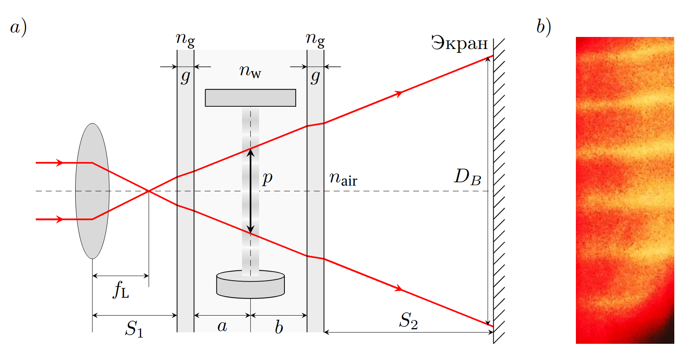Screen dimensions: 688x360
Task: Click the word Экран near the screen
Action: (459, 43)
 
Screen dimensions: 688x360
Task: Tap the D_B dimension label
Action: (468, 177)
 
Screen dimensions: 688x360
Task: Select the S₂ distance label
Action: (408, 321)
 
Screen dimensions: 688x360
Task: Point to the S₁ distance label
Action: (134, 329)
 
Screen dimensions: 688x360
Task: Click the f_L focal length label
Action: (121, 290)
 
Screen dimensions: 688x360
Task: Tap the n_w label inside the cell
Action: (250, 71)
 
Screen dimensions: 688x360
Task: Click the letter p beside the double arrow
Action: (267, 178)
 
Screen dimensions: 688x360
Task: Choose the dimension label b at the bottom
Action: (279, 327)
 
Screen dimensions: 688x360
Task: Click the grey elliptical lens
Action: (92, 191)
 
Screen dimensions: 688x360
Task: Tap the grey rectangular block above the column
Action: (250, 98)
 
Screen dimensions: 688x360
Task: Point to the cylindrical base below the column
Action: (250, 284)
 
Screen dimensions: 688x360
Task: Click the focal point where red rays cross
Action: (149, 191)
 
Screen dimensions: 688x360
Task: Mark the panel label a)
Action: (18, 27)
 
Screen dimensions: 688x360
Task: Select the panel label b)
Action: (544, 27)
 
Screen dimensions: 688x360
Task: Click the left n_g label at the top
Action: (185, 40)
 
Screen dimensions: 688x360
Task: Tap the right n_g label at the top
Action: (315, 40)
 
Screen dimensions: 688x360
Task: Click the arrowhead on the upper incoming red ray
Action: (59, 162)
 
